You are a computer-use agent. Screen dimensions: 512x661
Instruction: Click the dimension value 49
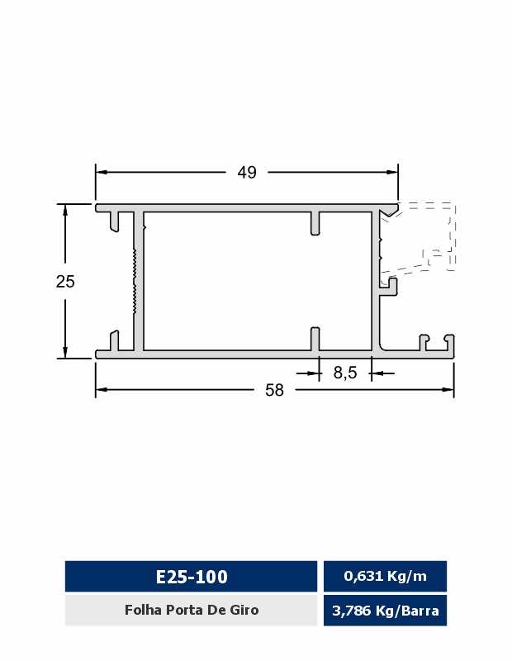[247, 172]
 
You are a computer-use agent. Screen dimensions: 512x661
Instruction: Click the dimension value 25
[65, 281]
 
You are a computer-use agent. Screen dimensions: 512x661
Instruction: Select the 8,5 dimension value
[345, 373]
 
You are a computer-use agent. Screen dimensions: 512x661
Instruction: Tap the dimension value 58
[274, 390]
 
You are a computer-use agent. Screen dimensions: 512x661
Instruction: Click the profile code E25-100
[192, 576]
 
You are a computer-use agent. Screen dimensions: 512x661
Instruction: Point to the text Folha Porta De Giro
[192, 610]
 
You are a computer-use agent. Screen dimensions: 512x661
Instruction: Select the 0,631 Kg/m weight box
[385, 576]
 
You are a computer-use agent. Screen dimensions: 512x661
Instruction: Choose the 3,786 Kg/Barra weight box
[385, 611]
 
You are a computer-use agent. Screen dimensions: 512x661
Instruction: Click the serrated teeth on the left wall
[134, 281]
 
